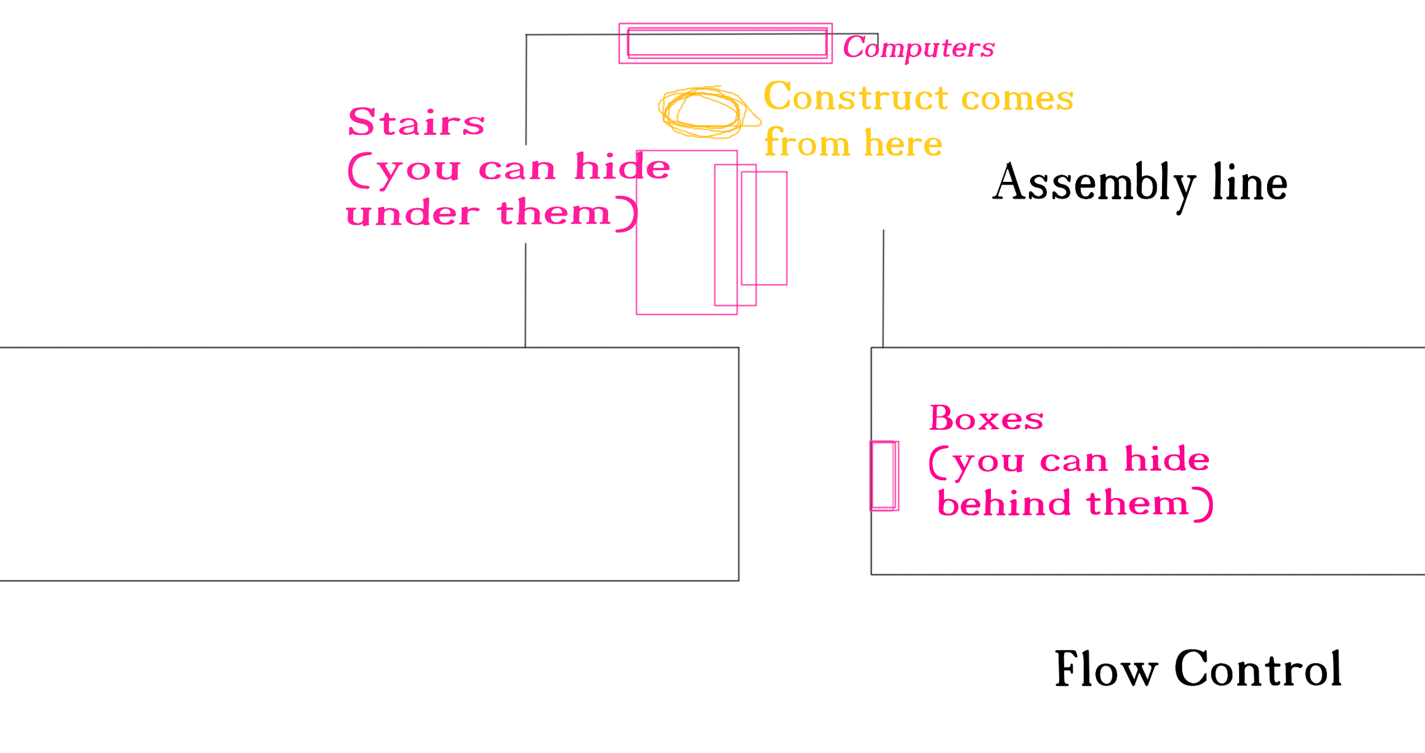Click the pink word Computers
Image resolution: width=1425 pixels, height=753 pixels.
(x=918, y=48)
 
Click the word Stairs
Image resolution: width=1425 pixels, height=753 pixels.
(x=416, y=122)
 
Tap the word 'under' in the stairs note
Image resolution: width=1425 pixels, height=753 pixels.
(x=412, y=213)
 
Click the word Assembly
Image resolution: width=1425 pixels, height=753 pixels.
(x=1094, y=183)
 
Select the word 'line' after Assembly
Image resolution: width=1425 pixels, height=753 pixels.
(x=1249, y=182)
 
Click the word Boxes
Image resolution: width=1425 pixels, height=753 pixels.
(x=986, y=418)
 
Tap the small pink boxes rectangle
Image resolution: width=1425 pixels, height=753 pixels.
(x=884, y=475)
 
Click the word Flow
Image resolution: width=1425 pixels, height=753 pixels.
(x=1106, y=669)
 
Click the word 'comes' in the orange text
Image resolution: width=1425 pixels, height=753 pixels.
(x=1017, y=98)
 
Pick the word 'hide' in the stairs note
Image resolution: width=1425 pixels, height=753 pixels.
(x=622, y=166)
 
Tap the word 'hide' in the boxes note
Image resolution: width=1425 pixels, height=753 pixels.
(x=1167, y=459)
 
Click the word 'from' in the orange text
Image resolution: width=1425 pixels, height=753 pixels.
(x=807, y=143)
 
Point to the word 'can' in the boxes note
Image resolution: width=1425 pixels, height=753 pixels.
(x=1074, y=461)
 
